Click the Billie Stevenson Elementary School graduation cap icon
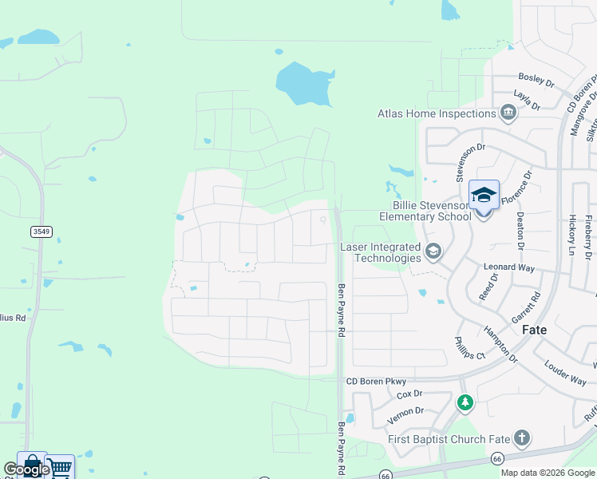coord(484,195)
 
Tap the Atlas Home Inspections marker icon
coord(508,113)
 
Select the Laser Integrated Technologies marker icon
coord(433,252)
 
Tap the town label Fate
coord(534,329)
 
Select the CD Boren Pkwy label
coord(376,382)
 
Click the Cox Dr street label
coord(409,394)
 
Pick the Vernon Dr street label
coord(407,412)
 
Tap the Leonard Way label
coord(508,268)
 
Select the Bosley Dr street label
coord(536,80)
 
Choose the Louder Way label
coord(565,373)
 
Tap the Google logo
coord(26,469)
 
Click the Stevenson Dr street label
coord(470,162)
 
